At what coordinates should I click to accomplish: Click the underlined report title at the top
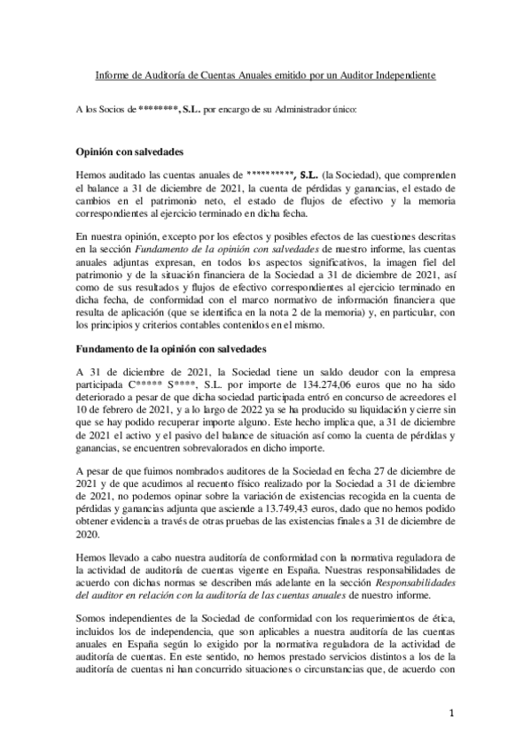[x=265, y=76]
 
